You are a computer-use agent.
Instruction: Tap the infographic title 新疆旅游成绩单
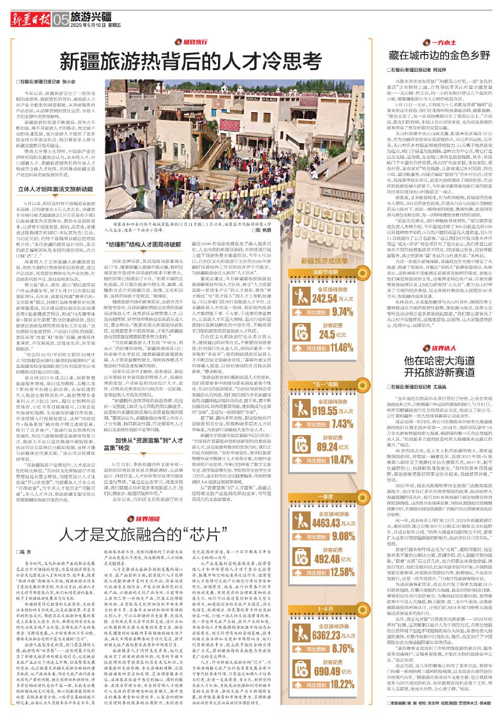click(x=324, y=261)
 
